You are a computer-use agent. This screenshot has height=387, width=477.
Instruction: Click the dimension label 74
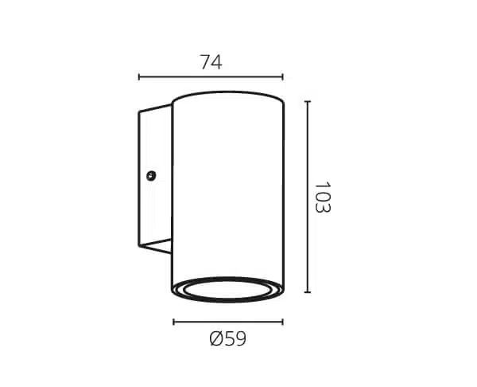[x=211, y=62]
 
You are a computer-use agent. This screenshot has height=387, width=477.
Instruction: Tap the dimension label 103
[x=323, y=197]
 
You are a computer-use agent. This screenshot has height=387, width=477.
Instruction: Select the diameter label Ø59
[x=228, y=338]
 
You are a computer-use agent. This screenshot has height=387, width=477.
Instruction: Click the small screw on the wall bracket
[x=151, y=175]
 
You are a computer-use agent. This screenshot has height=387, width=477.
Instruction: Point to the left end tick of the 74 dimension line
[x=139, y=76]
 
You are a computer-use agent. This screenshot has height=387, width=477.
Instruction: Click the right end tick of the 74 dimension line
[x=282, y=76]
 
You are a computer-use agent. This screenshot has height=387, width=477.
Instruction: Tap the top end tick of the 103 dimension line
[x=308, y=101]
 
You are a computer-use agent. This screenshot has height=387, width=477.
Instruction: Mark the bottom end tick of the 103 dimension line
[x=308, y=292]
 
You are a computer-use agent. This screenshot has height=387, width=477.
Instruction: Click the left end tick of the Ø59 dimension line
[x=173, y=322]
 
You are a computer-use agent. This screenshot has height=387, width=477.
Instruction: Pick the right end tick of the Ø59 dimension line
[x=282, y=322]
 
